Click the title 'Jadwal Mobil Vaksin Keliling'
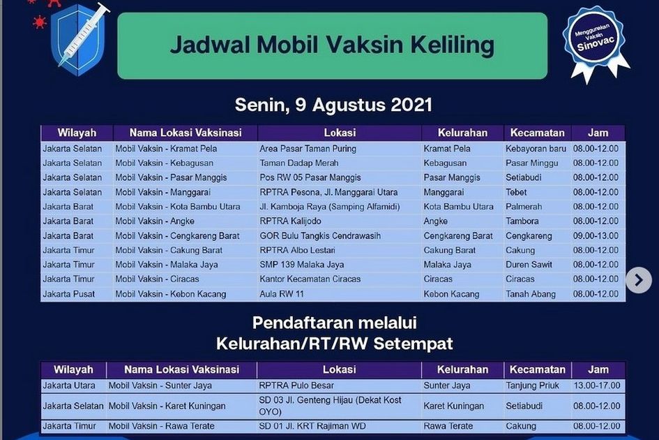click(332, 45)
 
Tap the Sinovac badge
click(595, 42)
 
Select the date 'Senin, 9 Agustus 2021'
click(333, 105)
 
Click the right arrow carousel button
click(638, 280)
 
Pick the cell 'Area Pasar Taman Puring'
click(308, 149)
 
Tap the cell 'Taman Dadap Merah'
click(299, 163)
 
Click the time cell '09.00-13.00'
click(596, 236)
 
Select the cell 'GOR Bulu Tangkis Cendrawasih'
click(320, 236)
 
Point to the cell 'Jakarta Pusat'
click(68, 294)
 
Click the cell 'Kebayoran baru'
click(536, 149)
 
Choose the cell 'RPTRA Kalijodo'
click(290, 221)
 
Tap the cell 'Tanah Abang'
click(531, 294)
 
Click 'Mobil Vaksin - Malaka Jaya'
click(167, 265)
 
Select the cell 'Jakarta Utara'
click(69, 386)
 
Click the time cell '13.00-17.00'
click(596, 386)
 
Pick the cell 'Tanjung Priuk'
click(533, 386)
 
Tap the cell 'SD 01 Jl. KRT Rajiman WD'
click(312, 426)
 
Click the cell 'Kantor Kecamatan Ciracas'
click(310, 279)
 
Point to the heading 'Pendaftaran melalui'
click(335, 323)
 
